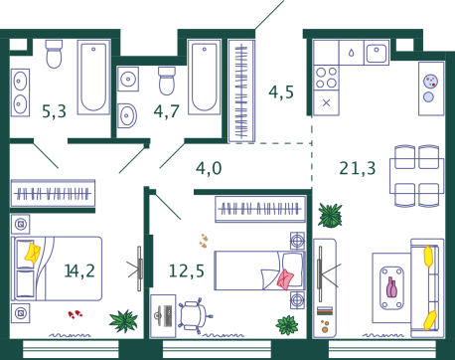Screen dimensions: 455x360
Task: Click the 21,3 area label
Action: click(358, 168)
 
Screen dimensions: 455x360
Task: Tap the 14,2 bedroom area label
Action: click(79, 270)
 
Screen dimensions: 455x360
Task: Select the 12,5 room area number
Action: click(187, 270)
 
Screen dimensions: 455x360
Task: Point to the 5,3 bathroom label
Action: click(54, 111)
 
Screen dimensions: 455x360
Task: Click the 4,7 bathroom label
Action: click(166, 111)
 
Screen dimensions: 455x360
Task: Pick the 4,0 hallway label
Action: click(209, 168)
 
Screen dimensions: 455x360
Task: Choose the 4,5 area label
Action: click(281, 92)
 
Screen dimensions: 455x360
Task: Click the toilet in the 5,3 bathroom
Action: click(54, 54)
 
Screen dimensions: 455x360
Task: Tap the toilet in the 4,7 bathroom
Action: click(167, 81)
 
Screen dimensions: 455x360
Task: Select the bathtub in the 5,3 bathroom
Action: click(93, 78)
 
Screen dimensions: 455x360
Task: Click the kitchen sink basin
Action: click(377, 52)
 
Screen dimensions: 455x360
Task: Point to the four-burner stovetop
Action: click(326, 78)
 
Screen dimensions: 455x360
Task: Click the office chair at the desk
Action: click(195, 315)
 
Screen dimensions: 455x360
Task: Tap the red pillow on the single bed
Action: click(285, 279)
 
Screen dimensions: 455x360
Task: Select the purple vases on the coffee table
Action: click(392, 287)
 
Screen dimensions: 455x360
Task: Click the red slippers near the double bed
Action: click(76, 314)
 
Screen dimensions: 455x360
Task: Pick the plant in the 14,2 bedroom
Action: click(123, 321)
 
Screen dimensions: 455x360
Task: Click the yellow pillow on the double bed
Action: click(33, 253)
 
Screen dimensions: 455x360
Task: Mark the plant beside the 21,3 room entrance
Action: click(330, 216)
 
